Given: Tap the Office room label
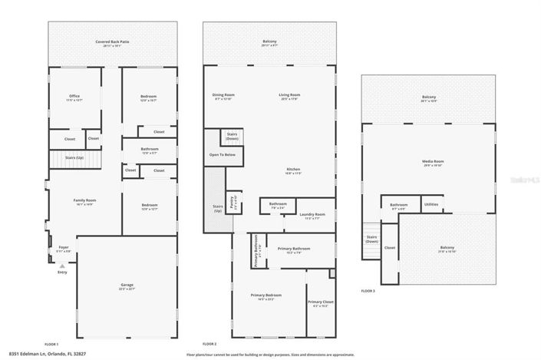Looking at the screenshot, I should pos(74,98).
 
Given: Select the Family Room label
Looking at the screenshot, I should pos(84,202).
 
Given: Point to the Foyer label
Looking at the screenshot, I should pos(64,249).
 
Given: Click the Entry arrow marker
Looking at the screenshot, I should pos(62,265).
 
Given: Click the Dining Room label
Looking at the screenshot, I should pos(223,96).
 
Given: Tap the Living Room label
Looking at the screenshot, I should pos(289,96).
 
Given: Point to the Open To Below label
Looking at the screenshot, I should pos(223,154).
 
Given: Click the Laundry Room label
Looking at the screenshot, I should pos(312,215).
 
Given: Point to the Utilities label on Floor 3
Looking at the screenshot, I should pos(431,204).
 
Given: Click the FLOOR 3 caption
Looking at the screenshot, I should pos(369,290).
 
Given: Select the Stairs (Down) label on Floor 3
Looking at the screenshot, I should pos(372,239).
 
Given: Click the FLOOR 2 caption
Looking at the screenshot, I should pos(209,343).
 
